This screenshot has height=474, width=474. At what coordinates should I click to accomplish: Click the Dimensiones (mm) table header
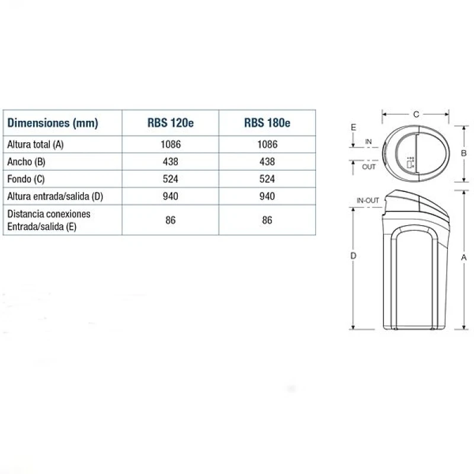[x=53, y=123]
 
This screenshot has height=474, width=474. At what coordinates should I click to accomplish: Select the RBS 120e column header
[x=170, y=123]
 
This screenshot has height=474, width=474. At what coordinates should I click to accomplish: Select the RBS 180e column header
[x=267, y=123]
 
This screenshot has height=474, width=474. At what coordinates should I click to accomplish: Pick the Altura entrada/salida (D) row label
[x=55, y=196]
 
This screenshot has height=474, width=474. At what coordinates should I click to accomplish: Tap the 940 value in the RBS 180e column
[x=267, y=196]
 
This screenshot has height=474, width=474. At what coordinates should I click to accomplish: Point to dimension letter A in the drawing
[x=465, y=258]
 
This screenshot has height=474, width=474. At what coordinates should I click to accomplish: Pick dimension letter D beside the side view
[x=353, y=256]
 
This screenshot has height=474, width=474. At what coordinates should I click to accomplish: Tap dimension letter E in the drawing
[x=353, y=127]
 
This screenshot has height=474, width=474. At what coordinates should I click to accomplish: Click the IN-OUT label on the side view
[x=367, y=201]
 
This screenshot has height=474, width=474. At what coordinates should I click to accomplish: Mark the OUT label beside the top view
[x=369, y=167]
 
